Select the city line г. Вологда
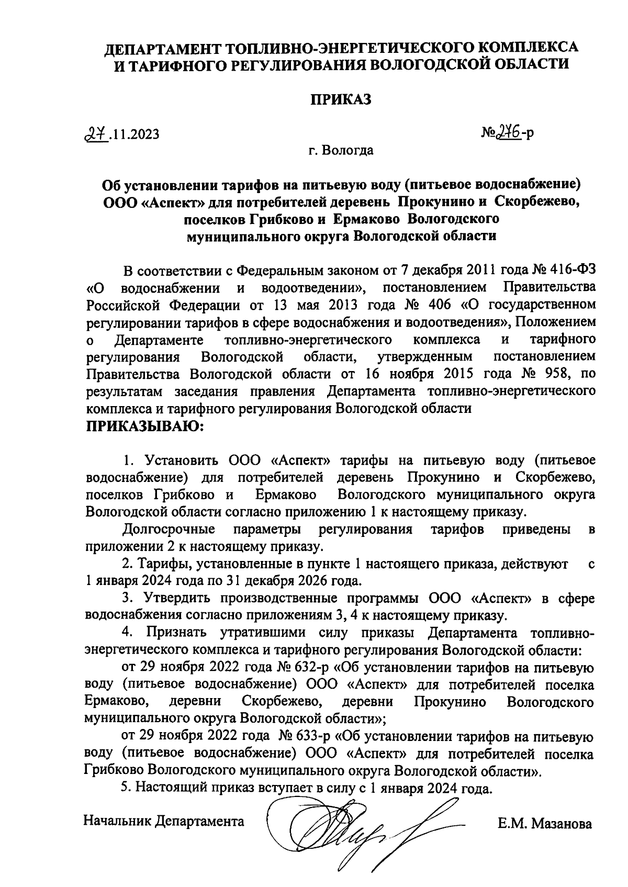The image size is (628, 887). [x=341, y=151]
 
